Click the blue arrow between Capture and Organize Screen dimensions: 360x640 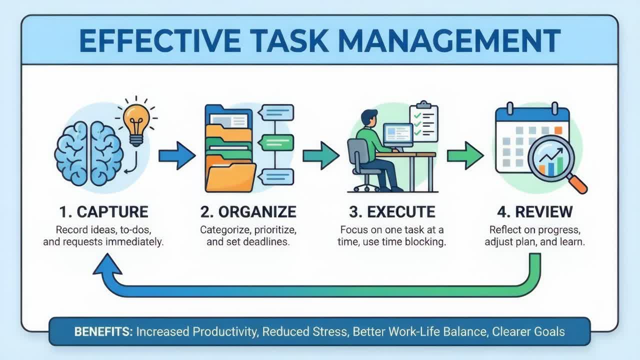(x=176, y=155)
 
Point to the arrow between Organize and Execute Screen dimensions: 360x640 (x=320, y=155)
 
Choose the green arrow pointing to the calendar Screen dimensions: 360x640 (x=464, y=155)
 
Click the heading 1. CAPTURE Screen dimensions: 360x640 (x=103, y=211)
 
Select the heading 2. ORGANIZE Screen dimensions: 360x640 (x=248, y=211)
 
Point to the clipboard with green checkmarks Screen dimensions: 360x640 (x=423, y=122)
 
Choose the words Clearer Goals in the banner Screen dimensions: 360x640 (x=528, y=331)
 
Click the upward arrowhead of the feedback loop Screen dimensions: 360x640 (x=107, y=265)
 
